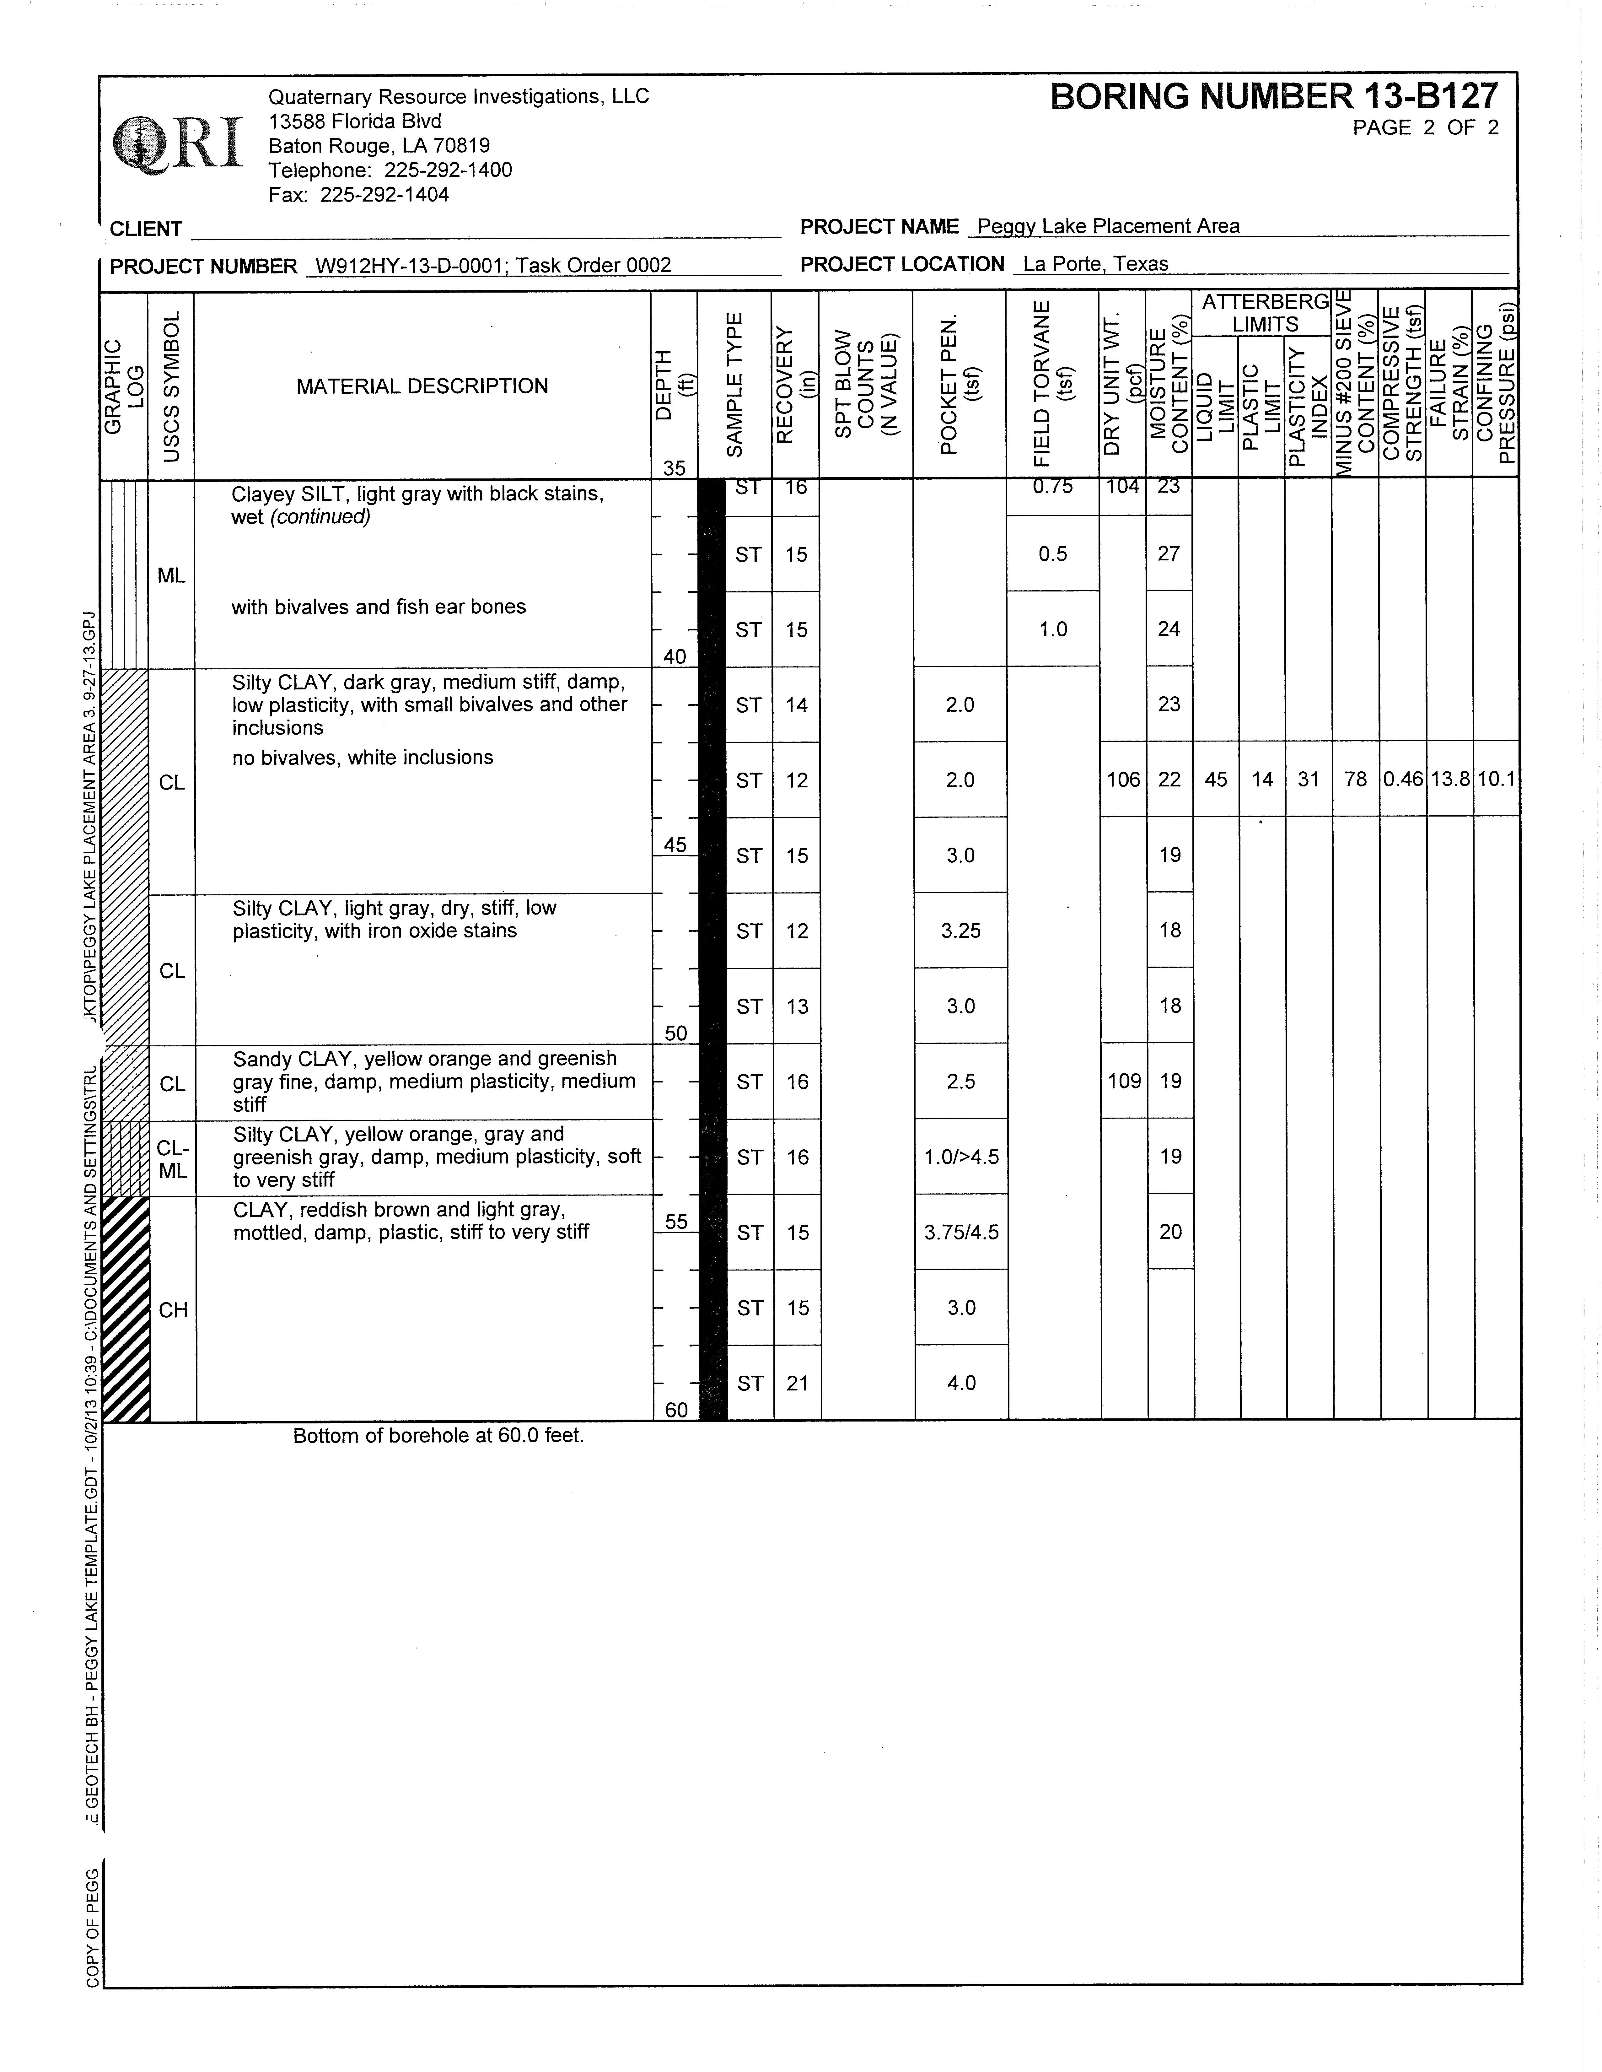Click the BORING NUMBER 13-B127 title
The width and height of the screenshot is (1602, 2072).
click(1274, 97)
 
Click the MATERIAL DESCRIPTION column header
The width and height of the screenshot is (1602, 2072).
click(422, 386)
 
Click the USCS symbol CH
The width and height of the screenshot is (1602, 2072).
click(173, 1310)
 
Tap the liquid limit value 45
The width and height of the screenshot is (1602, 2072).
click(1216, 780)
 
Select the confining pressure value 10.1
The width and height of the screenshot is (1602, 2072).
click(1496, 780)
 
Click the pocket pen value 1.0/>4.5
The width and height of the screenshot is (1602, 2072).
click(961, 1157)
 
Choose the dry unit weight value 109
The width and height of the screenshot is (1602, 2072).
click(1124, 1082)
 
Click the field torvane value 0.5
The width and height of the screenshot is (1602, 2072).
click(1053, 554)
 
